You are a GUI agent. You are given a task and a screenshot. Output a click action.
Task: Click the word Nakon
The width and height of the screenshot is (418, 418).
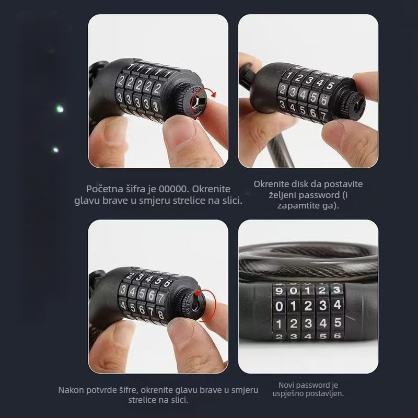point(71,390)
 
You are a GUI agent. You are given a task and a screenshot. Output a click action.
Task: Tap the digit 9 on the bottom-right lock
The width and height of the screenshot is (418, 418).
point(279,291)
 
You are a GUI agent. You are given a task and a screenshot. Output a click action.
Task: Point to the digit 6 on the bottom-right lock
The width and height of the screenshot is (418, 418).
point(338,335)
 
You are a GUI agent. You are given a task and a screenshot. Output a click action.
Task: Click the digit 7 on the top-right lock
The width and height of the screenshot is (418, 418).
point(323,115)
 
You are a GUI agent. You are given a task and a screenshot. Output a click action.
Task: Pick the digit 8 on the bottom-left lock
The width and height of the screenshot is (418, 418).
point(161,315)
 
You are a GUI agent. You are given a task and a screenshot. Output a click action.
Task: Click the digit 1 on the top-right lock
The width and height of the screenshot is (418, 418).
point(289,75)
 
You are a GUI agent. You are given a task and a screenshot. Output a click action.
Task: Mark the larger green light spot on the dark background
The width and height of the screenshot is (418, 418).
point(60,109)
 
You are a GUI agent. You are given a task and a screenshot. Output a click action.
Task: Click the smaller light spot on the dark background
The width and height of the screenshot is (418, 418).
point(55,149)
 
